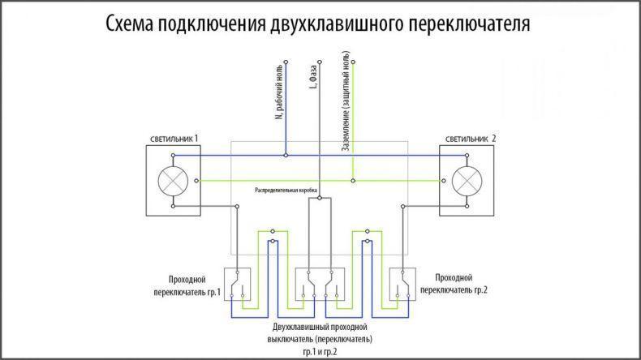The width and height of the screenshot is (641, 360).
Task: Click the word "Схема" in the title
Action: (x=130, y=24)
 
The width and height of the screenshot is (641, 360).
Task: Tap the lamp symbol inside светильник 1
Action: (x=173, y=181)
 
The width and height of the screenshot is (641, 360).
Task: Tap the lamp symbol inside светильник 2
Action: (x=467, y=181)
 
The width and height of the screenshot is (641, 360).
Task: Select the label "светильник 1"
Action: (x=174, y=139)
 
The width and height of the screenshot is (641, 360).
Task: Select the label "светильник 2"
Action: (x=471, y=139)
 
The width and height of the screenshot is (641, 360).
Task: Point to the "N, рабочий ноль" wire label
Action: (x=279, y=92)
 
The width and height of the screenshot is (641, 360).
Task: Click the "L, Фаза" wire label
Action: (x=313, y=77)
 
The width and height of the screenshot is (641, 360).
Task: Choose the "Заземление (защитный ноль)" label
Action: (x=346, y=101)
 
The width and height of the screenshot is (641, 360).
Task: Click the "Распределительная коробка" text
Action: (x=286, y=191)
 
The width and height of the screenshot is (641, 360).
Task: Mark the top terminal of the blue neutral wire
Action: (x=286, y=62)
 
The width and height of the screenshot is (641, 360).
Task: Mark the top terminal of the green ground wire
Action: (x=353, y=62)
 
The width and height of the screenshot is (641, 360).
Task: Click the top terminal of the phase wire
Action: (x=320, y=62)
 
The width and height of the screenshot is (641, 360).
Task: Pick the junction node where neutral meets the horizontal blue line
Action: (x=286, y=156)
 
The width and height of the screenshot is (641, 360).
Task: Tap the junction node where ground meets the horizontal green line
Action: (x=353, y=181)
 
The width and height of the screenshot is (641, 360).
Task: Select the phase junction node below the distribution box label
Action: (x=320, y=198)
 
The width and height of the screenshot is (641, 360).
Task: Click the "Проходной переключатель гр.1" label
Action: (x=187, y=286)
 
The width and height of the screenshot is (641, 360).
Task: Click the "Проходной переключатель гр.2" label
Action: (x=454, y=284)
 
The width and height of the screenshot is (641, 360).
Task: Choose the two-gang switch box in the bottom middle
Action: (x=320, y=285)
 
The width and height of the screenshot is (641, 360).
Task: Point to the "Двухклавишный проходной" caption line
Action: (x=320, y=327)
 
